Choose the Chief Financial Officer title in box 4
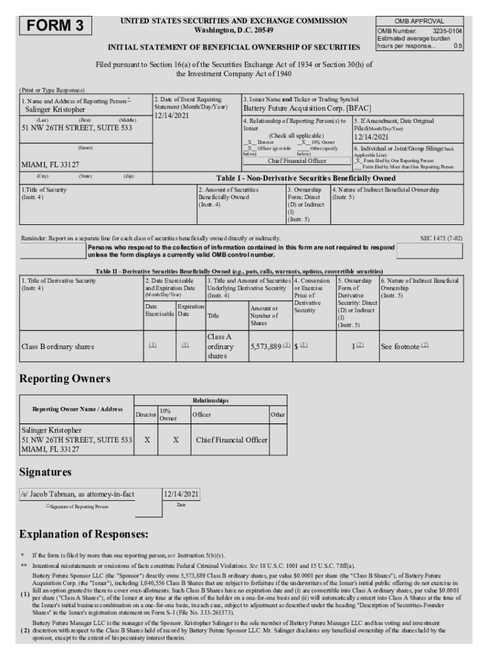coord(297,161)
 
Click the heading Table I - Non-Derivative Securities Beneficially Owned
coord(305,178)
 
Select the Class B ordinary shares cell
coord(58,347)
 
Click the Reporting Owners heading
coord(65,378)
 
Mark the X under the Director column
coord(146,439)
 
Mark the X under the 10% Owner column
coord(176,439)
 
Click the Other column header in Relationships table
coord(278,414)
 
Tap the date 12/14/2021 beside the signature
coord(181,494)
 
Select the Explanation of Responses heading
coord(84,534)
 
